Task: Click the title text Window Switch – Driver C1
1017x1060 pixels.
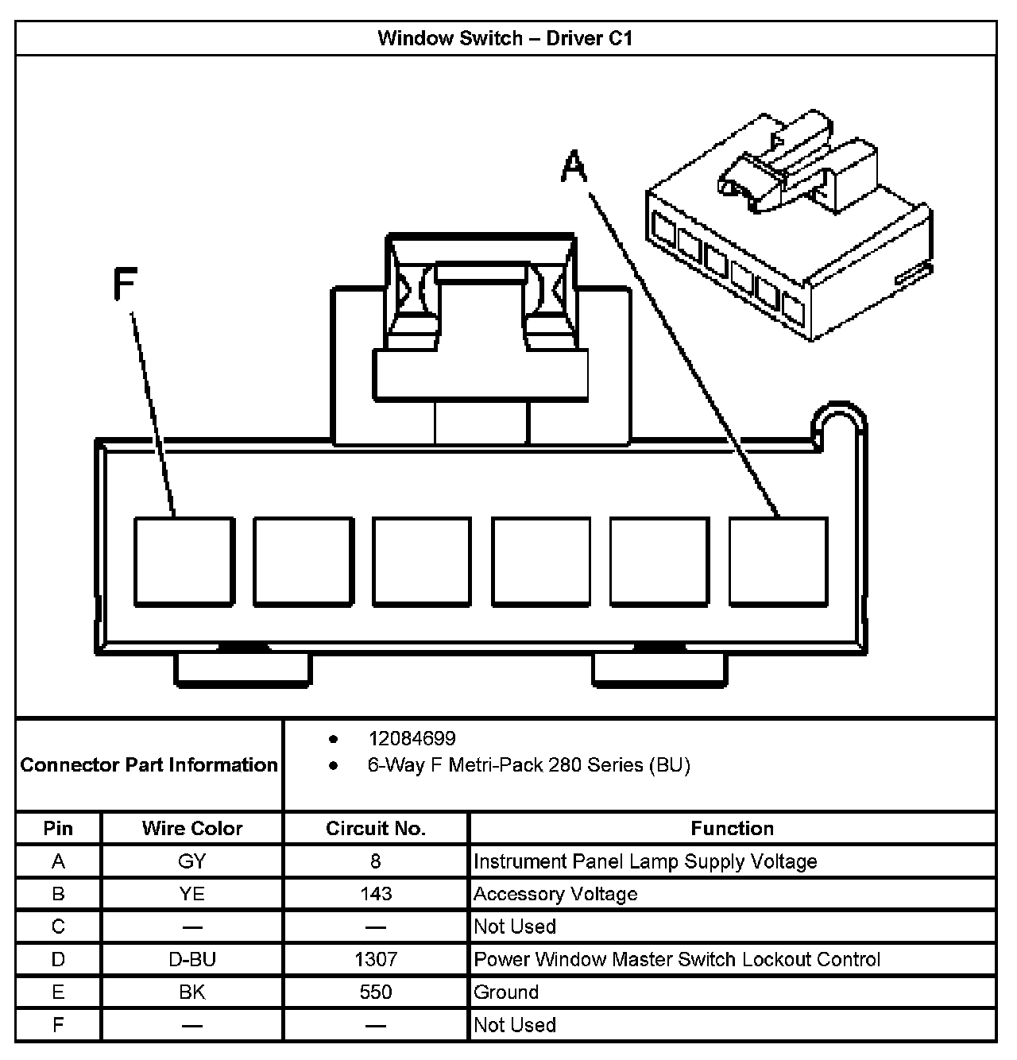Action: (x=505, y=38)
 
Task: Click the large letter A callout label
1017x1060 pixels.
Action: (x=574, y=167)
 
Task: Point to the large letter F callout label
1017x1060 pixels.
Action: (x=126, y=284)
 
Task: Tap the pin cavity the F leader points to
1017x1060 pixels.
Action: (x=184, y=561)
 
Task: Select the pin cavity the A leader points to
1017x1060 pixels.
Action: (x=778, y=561)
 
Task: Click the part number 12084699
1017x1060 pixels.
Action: (x=412, y=739)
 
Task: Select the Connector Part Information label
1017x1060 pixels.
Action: (x=149, y=765)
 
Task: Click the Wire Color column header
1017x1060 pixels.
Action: (x=192, y=828)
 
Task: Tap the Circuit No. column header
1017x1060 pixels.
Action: (x=376, y=828)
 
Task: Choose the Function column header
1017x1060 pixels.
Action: (x=732, y=828)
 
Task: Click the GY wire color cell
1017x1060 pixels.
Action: (x=192, y=861)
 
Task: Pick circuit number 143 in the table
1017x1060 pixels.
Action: (x=376, y=894)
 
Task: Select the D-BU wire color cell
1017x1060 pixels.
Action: (x=192, y=959)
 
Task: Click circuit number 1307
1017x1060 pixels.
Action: (x=376, y=959)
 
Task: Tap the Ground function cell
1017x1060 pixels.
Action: (x=506, y=992)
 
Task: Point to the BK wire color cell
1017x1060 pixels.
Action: (x=192, y=992)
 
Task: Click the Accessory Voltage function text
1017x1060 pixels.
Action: (x=555, y=894)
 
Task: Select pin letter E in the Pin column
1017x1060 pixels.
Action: (x=58, y=992)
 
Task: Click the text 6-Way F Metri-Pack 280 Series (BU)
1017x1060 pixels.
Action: (x=528, y=765)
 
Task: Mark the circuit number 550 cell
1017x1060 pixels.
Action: (x=376, y=992)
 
